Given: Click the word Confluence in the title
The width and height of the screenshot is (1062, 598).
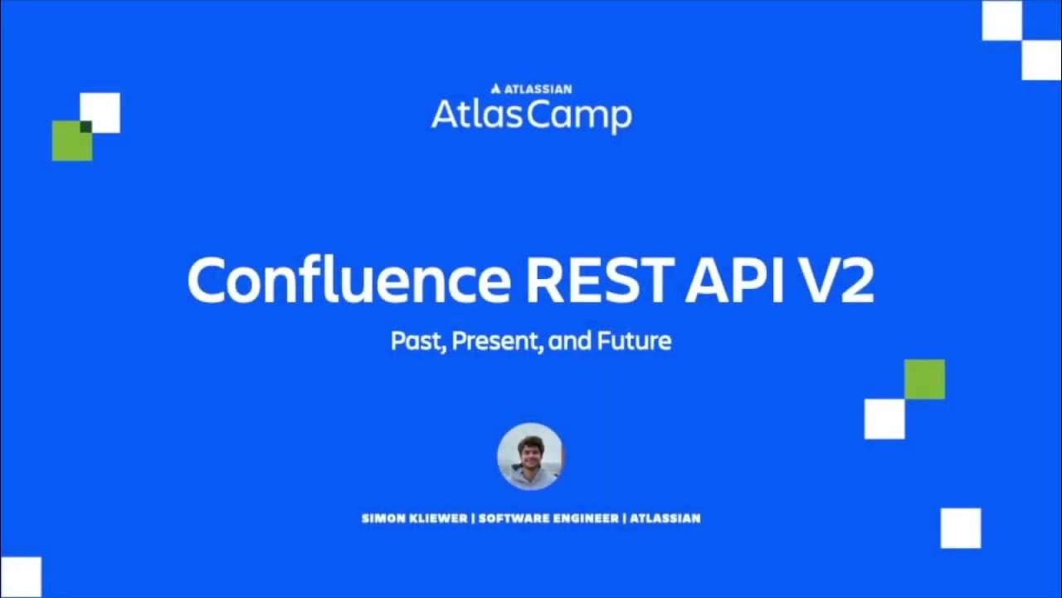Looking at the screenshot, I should pos(348,280).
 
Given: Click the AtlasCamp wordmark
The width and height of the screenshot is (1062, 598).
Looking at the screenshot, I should pos(531,114).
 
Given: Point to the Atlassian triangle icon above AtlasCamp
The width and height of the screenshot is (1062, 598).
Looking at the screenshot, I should pos(495,88).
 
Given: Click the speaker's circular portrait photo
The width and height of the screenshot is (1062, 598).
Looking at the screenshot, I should pos(531,456).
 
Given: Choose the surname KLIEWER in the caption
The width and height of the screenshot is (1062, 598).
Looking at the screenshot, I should pos(437,518).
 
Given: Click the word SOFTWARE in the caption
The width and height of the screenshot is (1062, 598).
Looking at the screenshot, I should pos(515,518).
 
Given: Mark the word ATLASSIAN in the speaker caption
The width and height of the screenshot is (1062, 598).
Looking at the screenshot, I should pos(665,518).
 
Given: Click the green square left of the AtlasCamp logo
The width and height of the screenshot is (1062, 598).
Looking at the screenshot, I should pos(71,142).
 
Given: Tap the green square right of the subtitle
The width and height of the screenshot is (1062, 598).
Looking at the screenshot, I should pos(924,379).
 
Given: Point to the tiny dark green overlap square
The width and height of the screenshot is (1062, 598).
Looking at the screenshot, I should pos(85,126).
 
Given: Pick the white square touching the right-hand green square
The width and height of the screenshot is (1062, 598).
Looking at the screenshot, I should pos(884,419).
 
